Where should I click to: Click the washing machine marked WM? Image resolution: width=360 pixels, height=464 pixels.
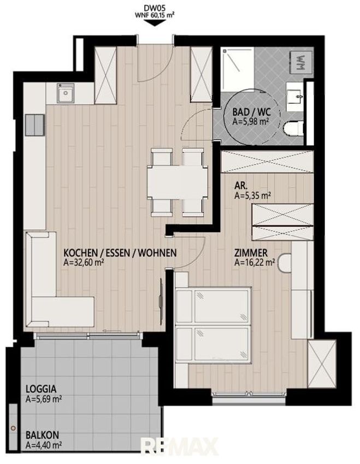[x=301, y=62]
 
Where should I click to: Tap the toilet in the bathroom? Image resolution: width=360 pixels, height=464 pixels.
[x=293, y=128]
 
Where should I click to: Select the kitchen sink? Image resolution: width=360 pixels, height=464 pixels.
[x=66, y=93]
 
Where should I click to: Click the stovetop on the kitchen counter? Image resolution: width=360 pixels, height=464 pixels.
[x=34, y=125]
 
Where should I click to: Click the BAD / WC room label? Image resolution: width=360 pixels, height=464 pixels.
[x=251, y=112]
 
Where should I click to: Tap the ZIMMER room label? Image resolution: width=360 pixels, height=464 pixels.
[x=251, y=253]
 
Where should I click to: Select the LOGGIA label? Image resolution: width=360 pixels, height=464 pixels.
[x=41, y=389]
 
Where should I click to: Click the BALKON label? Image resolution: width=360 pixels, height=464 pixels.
[x=42, y=435]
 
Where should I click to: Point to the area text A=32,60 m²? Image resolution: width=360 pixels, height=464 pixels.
[x=84, y=262]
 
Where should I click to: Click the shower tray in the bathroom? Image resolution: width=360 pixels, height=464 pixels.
[x=238, y=69]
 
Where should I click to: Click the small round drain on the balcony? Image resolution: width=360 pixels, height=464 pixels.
[x=13, y=428]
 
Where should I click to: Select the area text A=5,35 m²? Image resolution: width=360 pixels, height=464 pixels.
[x=253, y=195]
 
